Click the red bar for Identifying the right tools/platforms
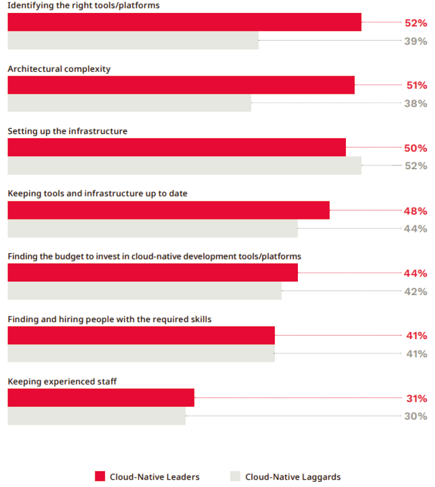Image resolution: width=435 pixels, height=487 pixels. coord(184,22)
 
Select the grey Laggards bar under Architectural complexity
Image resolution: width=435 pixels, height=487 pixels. coord(129,103)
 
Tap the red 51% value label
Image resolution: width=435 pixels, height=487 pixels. coord(416,86)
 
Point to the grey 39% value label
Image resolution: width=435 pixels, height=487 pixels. coord(416,41)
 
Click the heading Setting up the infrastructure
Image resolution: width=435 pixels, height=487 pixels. coord(67,131)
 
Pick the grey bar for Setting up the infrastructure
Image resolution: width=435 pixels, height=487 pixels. coord(184,165)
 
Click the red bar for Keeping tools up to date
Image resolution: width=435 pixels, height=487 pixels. coord(168,210)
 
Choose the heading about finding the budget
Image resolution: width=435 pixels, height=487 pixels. coord(154,256)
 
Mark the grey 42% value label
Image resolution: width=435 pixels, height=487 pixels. coord(416,292)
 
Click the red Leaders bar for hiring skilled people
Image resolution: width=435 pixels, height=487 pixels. coord(141,335)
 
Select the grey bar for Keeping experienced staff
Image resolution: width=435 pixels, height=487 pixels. coord(96,416)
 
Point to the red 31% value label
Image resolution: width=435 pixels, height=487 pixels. coord(416,398)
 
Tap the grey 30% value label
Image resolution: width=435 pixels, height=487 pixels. coord(416,416)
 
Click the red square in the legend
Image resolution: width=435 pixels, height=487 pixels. coord(100,476)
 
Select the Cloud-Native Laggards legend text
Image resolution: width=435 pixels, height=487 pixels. coord(293,477)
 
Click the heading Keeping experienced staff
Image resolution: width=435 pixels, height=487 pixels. coord(62,381)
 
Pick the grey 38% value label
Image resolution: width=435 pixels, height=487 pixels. coord(416,103)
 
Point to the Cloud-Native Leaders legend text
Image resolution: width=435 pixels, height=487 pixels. coord(155,477)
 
